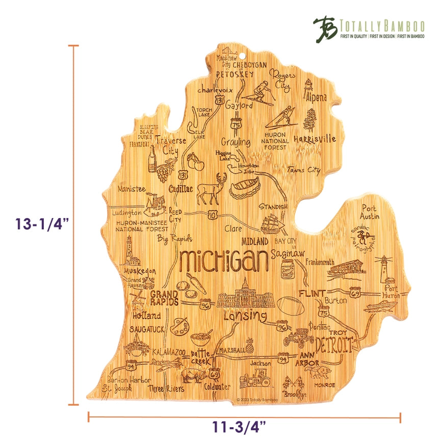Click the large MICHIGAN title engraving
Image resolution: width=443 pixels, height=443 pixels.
(225, 261)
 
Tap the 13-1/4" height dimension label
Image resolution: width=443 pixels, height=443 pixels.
(42, 224)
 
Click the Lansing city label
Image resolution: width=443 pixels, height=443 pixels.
(245, 317)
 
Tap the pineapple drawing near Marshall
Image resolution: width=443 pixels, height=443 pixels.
(250, 346)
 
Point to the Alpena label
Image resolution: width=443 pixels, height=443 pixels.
(316, 97)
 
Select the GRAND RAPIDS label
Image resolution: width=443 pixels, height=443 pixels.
(164, 298)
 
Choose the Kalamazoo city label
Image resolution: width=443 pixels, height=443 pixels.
(170, 352)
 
